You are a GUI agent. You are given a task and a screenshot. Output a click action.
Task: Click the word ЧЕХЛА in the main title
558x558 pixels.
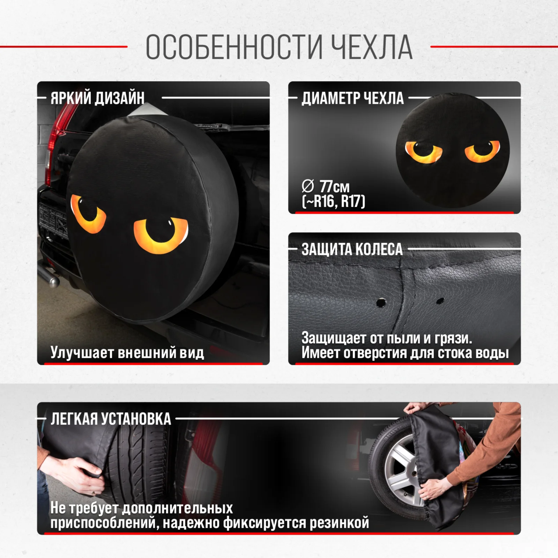pyautogui.click(x=372, y=47)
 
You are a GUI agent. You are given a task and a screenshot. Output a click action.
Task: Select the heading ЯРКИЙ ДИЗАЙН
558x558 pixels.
pyautogui.click(x=97, y=98)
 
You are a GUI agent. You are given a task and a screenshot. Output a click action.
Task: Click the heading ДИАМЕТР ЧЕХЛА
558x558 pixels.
pyautogui.click(x=352, y=98)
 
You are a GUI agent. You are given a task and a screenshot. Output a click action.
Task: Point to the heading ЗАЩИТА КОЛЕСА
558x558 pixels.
pyautogui.click(x=352, y=249)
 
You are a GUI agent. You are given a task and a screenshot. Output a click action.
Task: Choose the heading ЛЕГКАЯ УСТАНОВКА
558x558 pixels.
pyautogui.click(x=111, y=418)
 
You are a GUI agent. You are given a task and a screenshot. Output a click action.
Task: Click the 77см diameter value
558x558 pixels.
pyautogui.click(x=334, y=187)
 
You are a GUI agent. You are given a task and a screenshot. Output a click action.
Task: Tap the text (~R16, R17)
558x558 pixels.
pyautogui.click(x=334, y=202)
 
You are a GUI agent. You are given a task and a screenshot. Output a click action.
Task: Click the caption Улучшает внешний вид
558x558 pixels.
pyautogui.click(x=127, y=352)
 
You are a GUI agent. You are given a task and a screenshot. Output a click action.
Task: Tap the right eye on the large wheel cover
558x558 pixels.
pyautogui.click(x=161, y=235)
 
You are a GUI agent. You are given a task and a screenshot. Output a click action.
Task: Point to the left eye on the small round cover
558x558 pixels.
pyautogui.click(x=424, y=152)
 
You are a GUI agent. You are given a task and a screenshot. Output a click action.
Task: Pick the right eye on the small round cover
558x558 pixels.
pyautogui.click(x=483, y=150)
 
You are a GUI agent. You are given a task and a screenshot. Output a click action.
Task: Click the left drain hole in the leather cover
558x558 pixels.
pyautogui.click(x=381, y=302)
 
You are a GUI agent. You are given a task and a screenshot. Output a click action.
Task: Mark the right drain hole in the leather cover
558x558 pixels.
pyautogui.click(x=440, y=300)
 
